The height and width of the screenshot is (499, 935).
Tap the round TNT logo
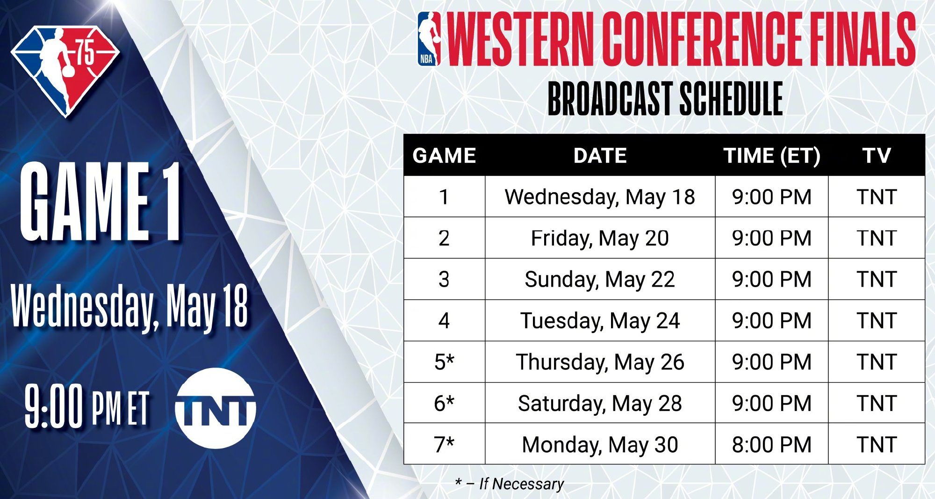(x=216, y=408)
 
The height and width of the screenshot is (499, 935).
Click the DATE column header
(x=600, y=156)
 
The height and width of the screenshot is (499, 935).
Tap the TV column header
(x=877, y=156)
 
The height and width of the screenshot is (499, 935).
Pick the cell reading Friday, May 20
(x=600, y=239)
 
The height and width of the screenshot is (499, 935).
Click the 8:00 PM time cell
(x=772, y=444)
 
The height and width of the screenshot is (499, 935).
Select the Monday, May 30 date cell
(x=600, y=445)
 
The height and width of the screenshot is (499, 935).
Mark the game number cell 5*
(x=444, y=362)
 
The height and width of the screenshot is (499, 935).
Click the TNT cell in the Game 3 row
(x=877, y=280)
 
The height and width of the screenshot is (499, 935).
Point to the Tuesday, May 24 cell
(x=600, y=321)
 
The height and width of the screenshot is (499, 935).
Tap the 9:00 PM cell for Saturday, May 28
(x=772, y=403)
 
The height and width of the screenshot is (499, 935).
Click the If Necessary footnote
(x=509, y=484)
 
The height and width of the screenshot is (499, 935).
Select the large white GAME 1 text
(x=100, y=202)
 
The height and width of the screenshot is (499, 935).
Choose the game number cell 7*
(x=444, y=444)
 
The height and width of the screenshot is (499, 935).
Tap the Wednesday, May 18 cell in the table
(x=600, y=197)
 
